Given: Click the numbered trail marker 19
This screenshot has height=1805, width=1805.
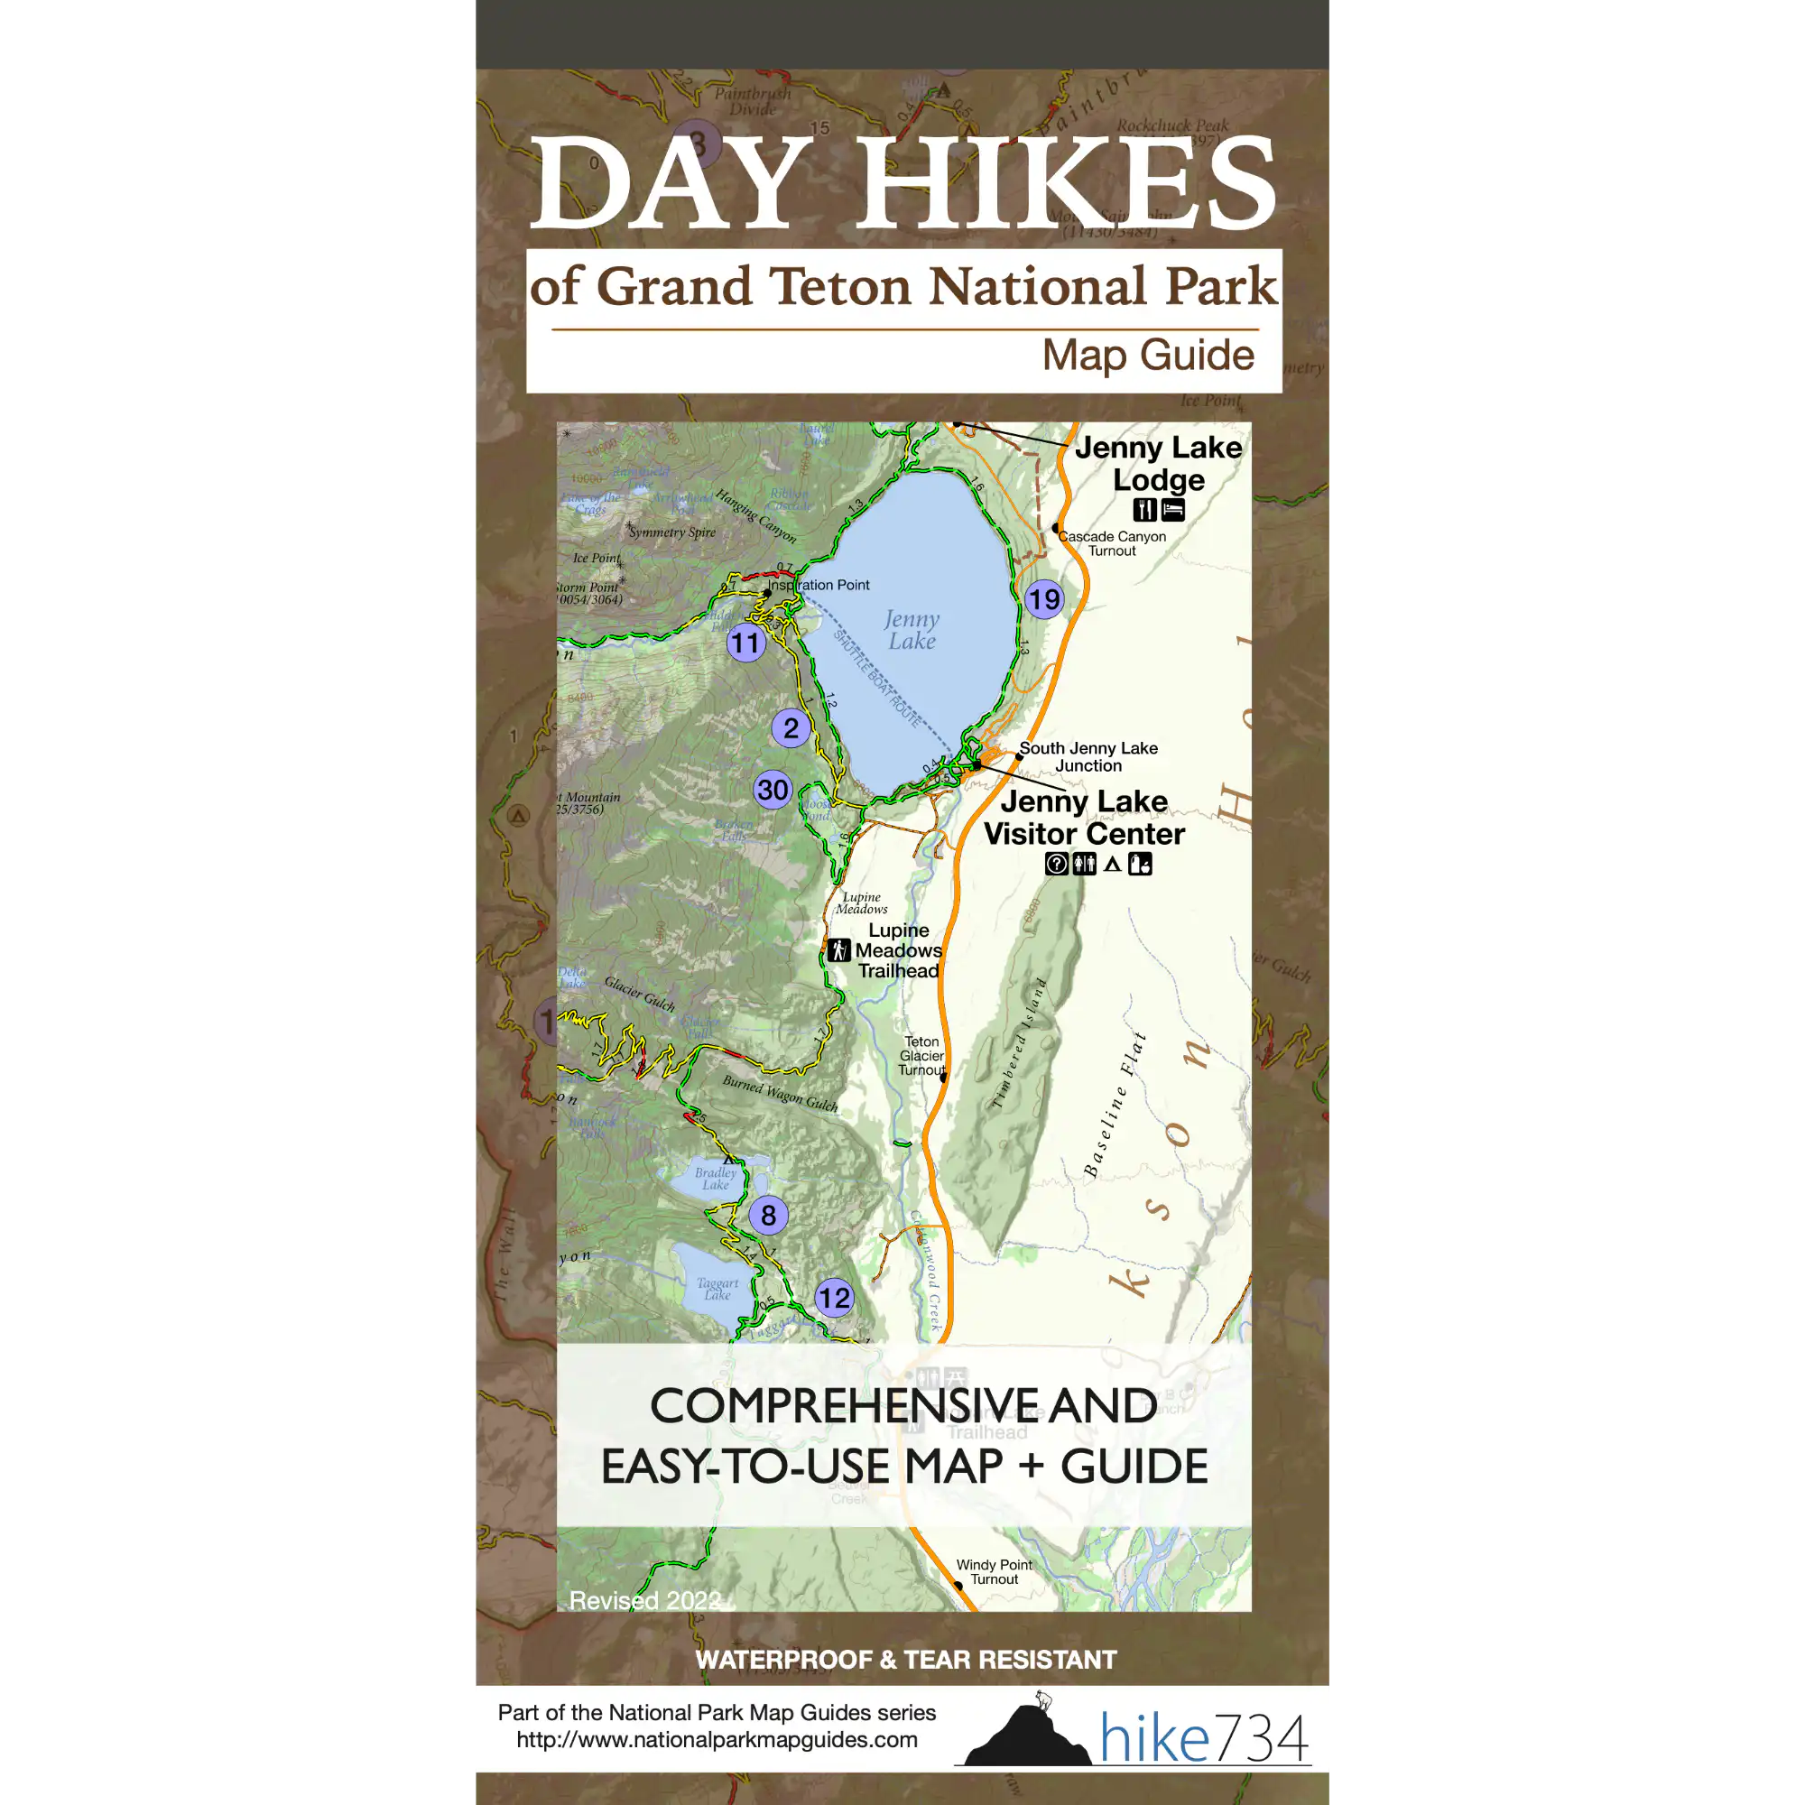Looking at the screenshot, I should (x=1043, y=599).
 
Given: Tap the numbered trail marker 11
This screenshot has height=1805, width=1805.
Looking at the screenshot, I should (x=745, y=643).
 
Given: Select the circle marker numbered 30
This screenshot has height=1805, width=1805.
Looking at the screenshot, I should (x=773, y=791).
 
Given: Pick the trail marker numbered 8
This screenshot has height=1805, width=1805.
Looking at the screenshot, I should (x=768, y=1216).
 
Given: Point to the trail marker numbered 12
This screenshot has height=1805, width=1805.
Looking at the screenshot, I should (x=834, y=1298).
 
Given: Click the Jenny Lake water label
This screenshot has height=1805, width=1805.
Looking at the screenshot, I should (x=912, y=630).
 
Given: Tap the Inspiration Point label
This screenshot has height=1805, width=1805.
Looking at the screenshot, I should (x=819, y=585).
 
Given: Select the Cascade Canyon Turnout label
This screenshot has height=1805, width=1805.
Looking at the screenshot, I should (x=1112, y=543).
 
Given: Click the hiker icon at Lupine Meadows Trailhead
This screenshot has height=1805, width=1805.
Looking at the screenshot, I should (x=839, y=950).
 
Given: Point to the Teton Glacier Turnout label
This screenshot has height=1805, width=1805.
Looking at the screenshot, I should (x=922, y=1056).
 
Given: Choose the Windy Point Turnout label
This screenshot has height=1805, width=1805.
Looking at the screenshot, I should (x=994, y=1571).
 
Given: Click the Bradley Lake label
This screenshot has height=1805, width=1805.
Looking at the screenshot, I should (x=715, y=1179).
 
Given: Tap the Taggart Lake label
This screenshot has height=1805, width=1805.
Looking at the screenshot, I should (x=717, y=1290).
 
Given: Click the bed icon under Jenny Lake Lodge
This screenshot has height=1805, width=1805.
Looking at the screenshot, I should (x=1172, y=509).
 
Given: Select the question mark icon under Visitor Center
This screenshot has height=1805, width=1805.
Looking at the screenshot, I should (x=1056, y=865).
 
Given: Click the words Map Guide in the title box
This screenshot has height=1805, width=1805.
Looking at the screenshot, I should (x=1147, y=355).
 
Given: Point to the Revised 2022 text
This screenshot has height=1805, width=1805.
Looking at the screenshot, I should (x=644, y=1600).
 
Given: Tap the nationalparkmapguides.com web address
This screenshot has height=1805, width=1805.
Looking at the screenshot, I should (x=717, y=1740).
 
